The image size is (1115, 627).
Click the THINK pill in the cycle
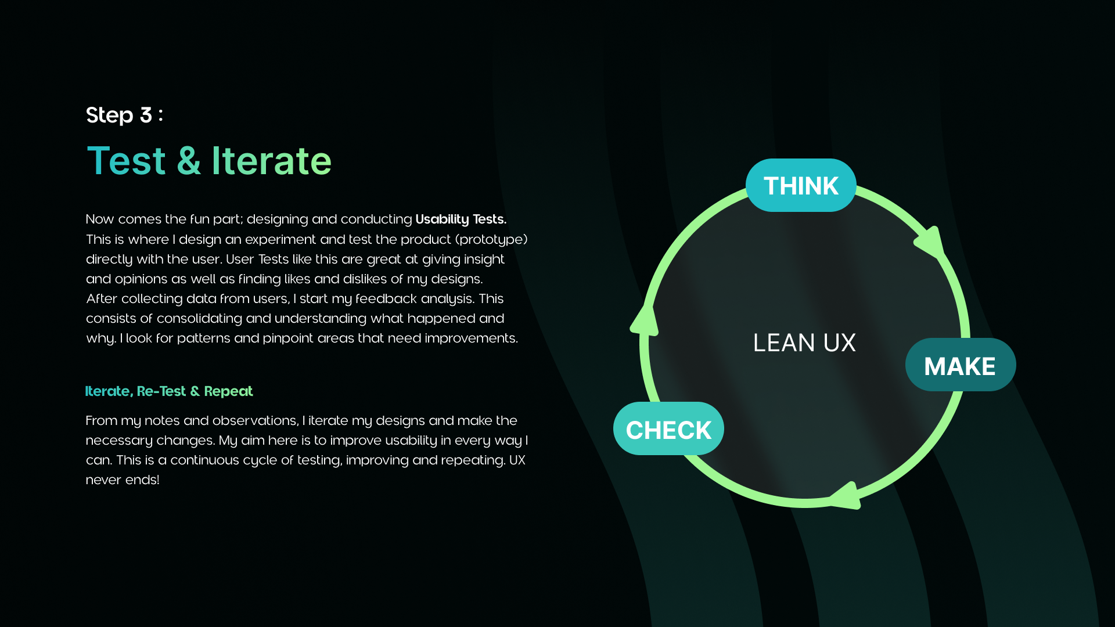(x=801, y=186)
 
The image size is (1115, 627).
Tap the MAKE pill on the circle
(x=960, y=366)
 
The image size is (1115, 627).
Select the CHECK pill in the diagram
(x=668, y=430)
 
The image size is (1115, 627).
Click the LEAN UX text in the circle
(x=804, y=343)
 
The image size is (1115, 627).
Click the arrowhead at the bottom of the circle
(x=846, y=496)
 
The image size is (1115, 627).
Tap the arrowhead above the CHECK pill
(x=645, y=320)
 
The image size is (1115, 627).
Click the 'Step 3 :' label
(x=124, y=115)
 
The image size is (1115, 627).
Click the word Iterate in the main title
(x=271, y=161)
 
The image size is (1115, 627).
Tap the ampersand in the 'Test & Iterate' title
(x=189, y=161)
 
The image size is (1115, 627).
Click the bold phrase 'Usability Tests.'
(x=461, y=219)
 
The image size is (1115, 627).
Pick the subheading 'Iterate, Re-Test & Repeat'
(x=169, y=391)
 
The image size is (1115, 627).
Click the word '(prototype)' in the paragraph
(x=493, y=240)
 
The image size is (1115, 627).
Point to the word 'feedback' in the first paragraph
(x=386, y=299)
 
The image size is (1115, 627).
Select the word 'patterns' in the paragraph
(x=203, y=338)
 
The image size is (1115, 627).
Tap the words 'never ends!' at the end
(x=123, y=480)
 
